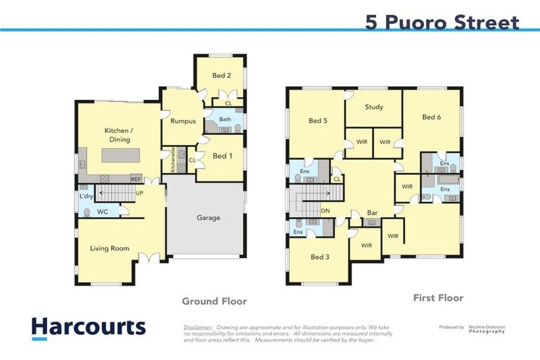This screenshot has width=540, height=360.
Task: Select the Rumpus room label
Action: pyautogui.click(x=183, y=121)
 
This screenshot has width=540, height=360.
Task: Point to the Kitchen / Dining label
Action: pyautogui.click(x=119, y=135)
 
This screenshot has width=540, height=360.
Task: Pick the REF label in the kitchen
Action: pyautogui.click(x=136, y=179)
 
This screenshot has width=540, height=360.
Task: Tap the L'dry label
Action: pyautogui.click(x=85, y=196)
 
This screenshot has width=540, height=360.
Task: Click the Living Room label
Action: pyautogui.click(x=110, y=248)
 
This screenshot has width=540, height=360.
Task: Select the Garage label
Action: pyautogui.click(x=208, y=217)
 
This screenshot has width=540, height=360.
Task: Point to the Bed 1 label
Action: pyautogui.click(x=222, y=155)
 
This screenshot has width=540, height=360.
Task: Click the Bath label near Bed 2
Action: pyautogui.click(x=225, y=120)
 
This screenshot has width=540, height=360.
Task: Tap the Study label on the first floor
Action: pyautogui.click(x=373, y=107)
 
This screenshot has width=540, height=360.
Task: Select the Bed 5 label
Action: pyautogui.click(x=318, y=120)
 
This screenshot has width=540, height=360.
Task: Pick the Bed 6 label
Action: pyautogui.click(x=431, y=117)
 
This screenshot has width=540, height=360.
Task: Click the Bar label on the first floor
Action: pyautogui.click(x=373, y=212)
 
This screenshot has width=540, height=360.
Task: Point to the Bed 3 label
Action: pyautogui.click(x=320, y=257)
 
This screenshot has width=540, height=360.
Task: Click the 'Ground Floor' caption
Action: pyautogui.click(x=214, y=301)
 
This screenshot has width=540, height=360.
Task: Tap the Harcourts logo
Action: pyautogui.click(x=89, y=327)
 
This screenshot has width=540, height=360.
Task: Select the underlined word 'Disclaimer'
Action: pyautogui.click(x=198, y=328)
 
